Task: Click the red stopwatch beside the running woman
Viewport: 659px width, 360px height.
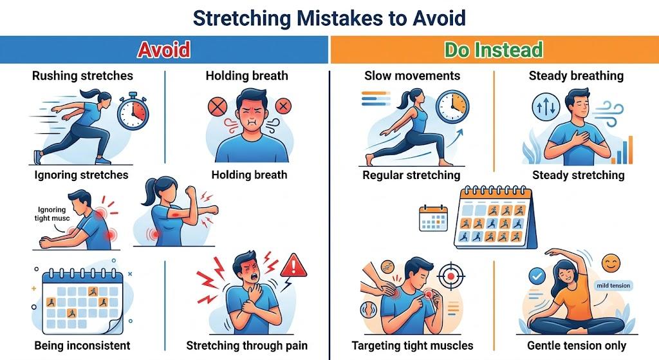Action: pyautogui.click(x=133, y=111)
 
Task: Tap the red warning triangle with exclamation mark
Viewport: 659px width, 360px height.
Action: pyautogui.click(x=293, y=265)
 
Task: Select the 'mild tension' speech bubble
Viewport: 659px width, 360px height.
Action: pyautogui.click(x=613, y=285)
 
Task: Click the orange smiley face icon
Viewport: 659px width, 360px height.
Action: pyautogui.click(x=611, y=263)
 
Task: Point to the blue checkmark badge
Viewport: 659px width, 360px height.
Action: pyautogui.click(x=537, y=276)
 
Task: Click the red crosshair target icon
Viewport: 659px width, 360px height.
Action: pyautogui.click(x=450, y=276)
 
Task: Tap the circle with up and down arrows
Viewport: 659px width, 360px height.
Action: pyautogui.click(x=546, y=107)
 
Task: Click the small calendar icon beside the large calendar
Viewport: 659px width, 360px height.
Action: pyautogui.click(x=433, y=218)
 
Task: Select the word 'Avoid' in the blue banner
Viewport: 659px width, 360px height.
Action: pyautogui.click(x=164, y=50)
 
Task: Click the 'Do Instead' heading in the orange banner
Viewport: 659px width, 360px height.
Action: pyautogui.click(x=494, y=50)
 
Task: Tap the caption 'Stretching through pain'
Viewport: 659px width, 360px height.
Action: pyautogui.click(x=246, y=346)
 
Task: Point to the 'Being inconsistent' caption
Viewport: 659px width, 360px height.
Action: pyautogui.click(x=82, y=346)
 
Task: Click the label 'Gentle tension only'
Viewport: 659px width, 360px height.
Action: pyautogui.click(x=577, y=346)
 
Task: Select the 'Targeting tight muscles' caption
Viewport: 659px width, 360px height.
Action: pyautogui.click(x=413, y=346)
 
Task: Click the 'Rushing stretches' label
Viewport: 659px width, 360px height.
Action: pyautogui.click(x=82, y=76)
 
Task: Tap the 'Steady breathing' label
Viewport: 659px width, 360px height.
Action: pyautogui.click(x=576, y=76)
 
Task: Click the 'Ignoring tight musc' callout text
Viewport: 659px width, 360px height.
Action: pyautogui.click(x=52, y=214)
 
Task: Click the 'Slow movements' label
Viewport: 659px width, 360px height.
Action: pyautogui.click(x=413, y=76)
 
